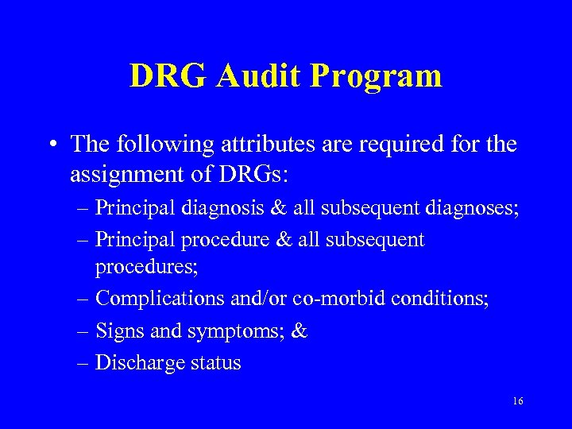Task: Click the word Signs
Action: click(x=117, y=331)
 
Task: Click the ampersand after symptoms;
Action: click(x=300, y=331)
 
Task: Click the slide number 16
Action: click(x=518, y=401)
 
